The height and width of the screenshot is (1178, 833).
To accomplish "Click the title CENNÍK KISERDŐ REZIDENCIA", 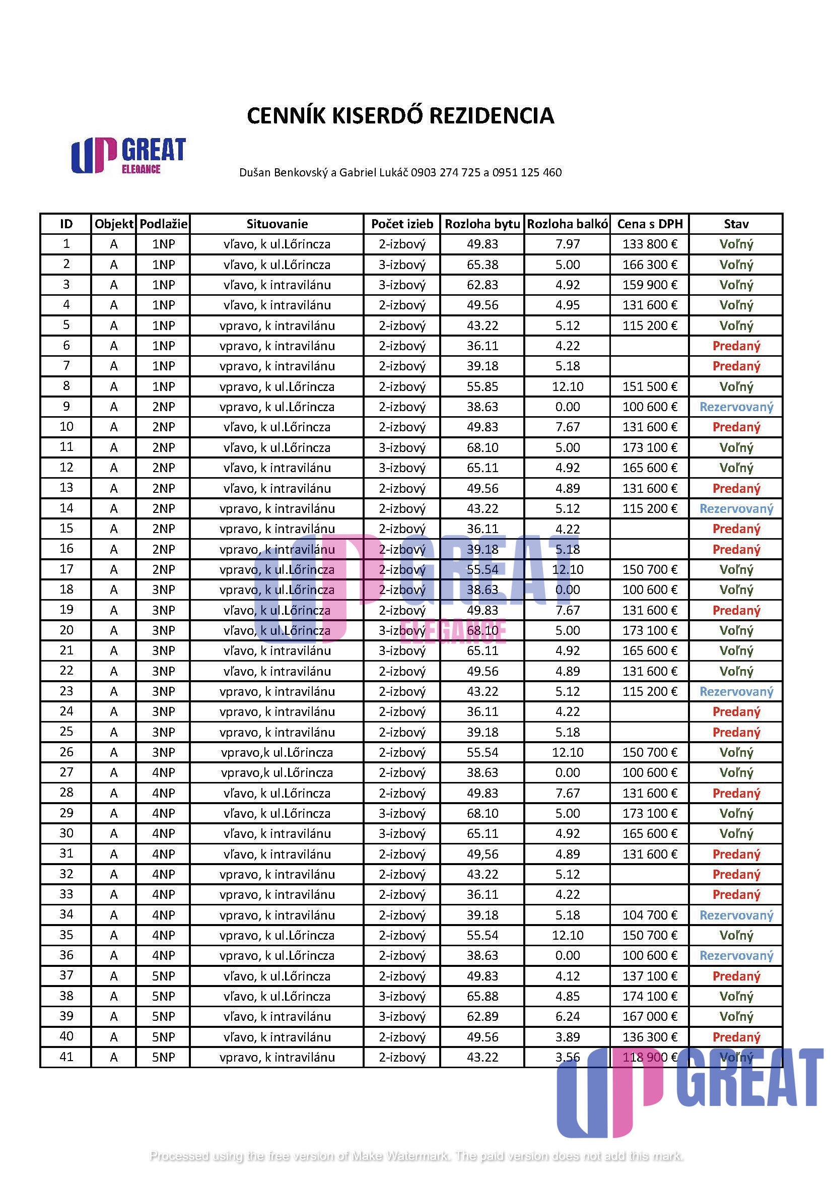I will coord(400,115).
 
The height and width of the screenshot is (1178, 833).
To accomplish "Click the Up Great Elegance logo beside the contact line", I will coord(128,156).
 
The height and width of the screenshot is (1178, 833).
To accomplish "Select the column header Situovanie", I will coord(277,224).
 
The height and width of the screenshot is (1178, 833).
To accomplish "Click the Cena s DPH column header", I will coord(650,224).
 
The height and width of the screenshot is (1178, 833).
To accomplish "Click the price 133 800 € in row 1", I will coord(650,244).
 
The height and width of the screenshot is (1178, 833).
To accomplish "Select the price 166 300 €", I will coord(650,265).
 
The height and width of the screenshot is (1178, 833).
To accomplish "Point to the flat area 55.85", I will coord(482,386).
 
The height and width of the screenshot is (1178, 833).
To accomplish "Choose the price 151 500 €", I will coord(650,386).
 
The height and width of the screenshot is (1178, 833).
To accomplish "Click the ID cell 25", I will coord(66,732).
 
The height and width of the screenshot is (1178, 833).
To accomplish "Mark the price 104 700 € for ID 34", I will coord(650,915).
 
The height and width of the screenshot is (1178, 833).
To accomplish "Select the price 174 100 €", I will coord(650,996).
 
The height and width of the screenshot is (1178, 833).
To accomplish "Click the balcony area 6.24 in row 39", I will coord(567,1016).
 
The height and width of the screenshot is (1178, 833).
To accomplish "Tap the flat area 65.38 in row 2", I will coord(482,265).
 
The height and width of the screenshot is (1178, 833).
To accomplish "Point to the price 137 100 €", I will coord(650,976).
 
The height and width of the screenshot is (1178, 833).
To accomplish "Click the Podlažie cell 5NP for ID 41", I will coord(163,1057).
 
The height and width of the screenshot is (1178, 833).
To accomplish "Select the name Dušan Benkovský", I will coord(284,172).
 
